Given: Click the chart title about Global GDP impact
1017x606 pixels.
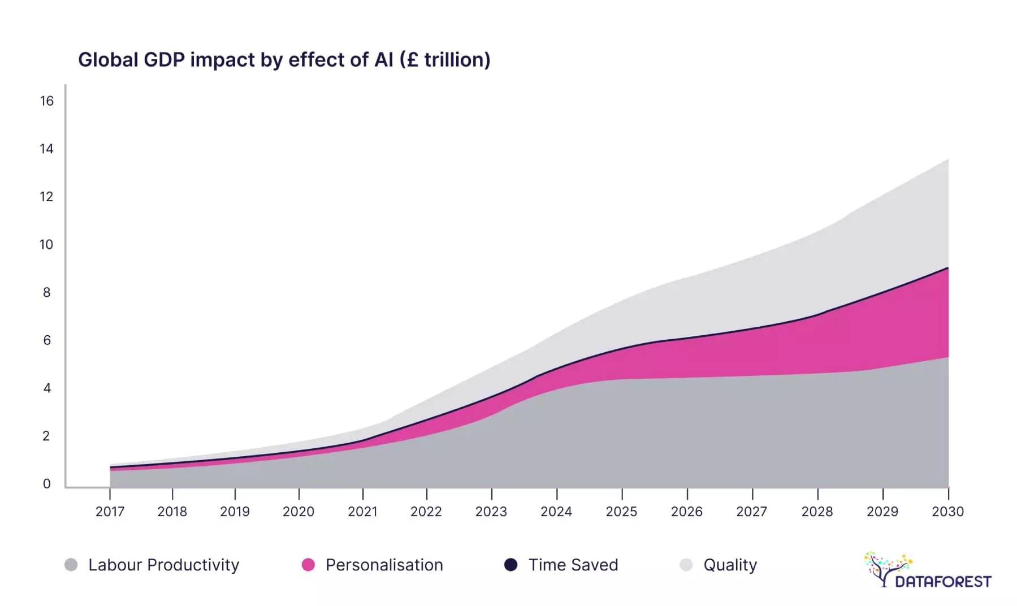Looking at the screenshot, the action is [284, 60].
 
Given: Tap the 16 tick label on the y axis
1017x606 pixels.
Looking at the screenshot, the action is [46, 101].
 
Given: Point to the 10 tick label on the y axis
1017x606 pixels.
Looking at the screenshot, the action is [46, 245].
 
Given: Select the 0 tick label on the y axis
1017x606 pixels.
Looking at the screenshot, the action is [47, 484].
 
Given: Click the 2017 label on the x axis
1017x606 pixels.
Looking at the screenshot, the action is [110, 512].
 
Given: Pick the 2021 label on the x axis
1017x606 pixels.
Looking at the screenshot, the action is [362, 512].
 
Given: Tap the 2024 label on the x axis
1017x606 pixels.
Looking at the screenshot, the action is [556, 512].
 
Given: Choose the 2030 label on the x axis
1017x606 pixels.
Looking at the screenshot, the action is [948, 512].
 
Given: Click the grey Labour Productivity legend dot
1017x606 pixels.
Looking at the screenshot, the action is [71, 565].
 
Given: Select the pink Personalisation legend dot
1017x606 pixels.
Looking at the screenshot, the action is [308, 565].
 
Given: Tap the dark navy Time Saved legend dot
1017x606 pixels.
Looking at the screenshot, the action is [510, 565].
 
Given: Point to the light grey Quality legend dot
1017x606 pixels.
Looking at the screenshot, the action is [686, 565].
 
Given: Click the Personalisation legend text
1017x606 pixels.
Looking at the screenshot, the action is [384, 565].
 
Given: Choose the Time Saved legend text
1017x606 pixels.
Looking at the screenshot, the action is [573, 565].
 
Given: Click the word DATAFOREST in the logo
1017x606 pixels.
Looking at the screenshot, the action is [943, 581].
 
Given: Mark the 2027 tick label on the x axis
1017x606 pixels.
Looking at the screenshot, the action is [752, 512].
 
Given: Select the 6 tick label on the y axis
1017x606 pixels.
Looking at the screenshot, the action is [47, 340].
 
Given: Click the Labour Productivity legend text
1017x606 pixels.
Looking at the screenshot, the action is [164, 565].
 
